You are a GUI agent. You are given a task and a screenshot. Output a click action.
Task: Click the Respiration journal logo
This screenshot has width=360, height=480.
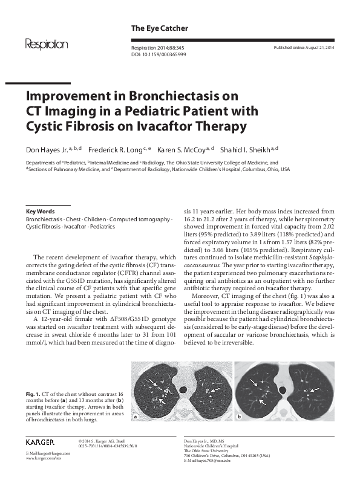46,44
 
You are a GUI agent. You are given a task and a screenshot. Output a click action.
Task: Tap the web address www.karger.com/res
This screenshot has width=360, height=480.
42,459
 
